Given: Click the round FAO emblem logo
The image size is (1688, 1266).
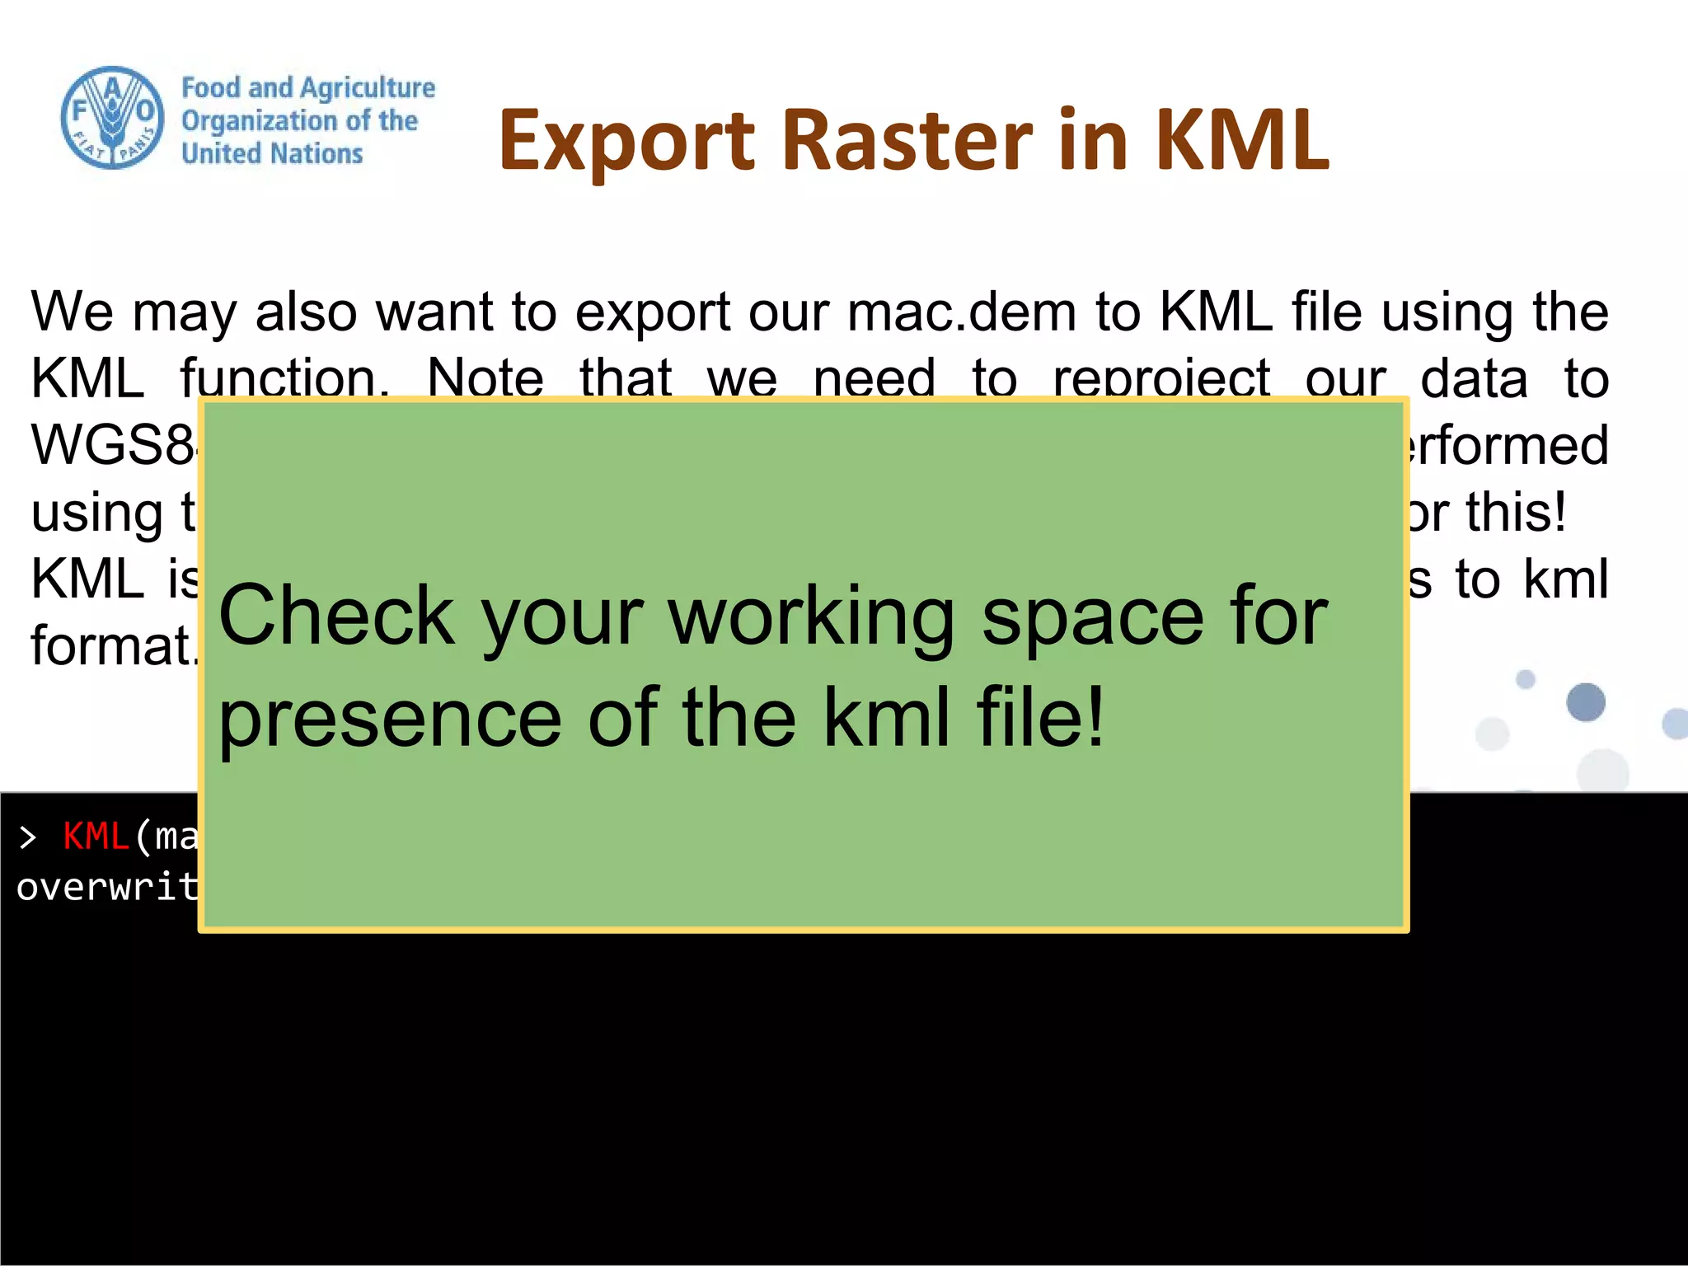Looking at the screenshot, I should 112,118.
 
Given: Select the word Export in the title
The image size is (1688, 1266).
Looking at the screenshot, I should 626,142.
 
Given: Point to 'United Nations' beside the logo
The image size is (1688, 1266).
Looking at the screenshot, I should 272,153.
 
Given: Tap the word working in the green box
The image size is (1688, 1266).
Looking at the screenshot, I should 811,617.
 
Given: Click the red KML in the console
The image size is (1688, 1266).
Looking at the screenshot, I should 96,837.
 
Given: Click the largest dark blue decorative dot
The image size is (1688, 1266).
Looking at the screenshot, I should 1585,702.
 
